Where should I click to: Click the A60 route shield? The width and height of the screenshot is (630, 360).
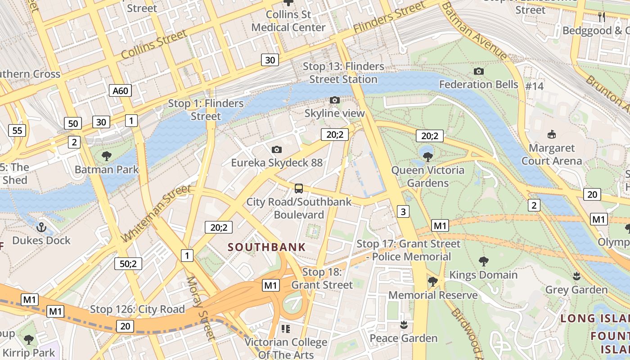coord(120,90)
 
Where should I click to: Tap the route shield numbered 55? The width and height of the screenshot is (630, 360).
coord(17,131)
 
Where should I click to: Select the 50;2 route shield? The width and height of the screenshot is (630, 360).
coord(128,263)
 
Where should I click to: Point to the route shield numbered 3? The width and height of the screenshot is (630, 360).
coord(403,211)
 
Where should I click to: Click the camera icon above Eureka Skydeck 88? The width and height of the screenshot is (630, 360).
coord(277,149)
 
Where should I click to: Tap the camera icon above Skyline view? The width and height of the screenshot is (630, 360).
coord(334,100)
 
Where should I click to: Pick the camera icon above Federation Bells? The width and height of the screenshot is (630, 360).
coord(479,71)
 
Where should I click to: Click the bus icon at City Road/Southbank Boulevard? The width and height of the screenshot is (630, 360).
coord(299,188)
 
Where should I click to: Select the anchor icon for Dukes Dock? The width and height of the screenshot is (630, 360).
coord(41,227)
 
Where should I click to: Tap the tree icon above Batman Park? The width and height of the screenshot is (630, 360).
coord(107,156)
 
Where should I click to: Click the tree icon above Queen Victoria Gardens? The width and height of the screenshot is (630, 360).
coord(427,157)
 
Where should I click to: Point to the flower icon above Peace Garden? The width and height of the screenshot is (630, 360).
coord(404,324)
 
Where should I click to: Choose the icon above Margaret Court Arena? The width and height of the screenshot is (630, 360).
coord(551,134)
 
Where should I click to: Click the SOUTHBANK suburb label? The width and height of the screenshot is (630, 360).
coord(266,247)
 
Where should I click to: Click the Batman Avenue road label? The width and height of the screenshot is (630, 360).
coord(473,30)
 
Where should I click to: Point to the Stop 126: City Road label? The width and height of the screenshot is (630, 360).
coord(137,309)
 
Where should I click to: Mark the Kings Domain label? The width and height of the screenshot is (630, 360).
coord(483,274)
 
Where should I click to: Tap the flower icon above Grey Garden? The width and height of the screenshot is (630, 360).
coord(576,275)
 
